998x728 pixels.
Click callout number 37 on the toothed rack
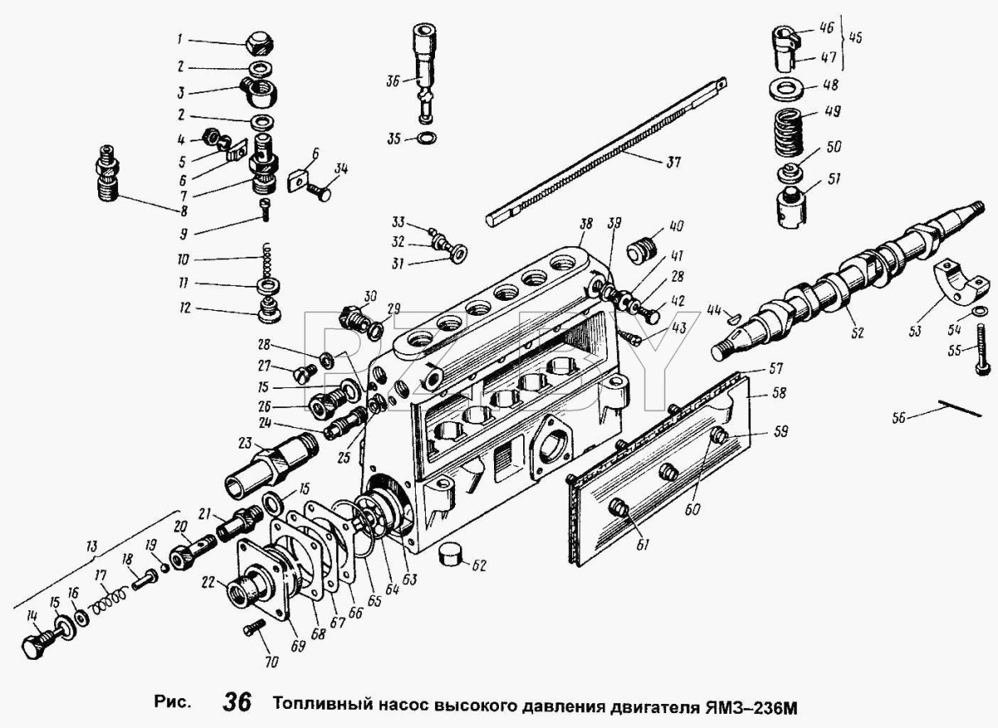tap(671, 163)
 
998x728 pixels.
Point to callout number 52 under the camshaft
tap(857, 332)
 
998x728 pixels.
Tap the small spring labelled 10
tap(266, 260)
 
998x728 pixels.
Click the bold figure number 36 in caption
tap(236, 702)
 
